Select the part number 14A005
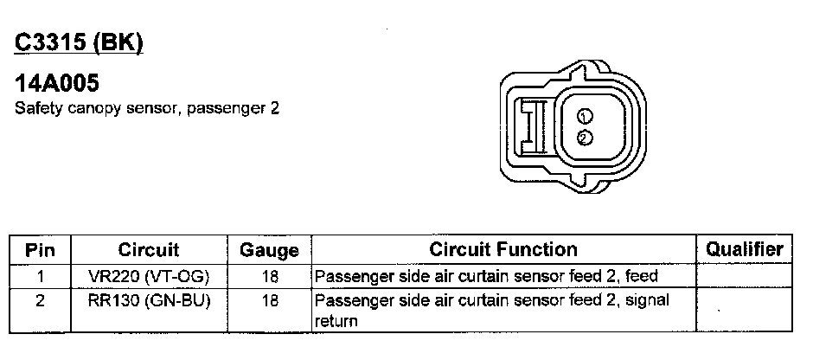[57, 85]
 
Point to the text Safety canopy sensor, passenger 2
[146, 110]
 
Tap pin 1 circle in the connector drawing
[585, 117]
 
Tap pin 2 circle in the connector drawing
[585, 137]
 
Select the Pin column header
[40, 250]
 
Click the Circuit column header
[148, 250]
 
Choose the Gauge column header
[268, 251]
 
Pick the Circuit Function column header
[503, 250]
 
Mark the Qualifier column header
[745, 249]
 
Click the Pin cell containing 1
[40, 277]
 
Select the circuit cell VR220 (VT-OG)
[149, 277]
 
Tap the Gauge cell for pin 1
[269, 277]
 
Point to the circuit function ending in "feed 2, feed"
[486, 277]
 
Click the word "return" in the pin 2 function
[336, 321]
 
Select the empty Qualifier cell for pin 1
[745, 277]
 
